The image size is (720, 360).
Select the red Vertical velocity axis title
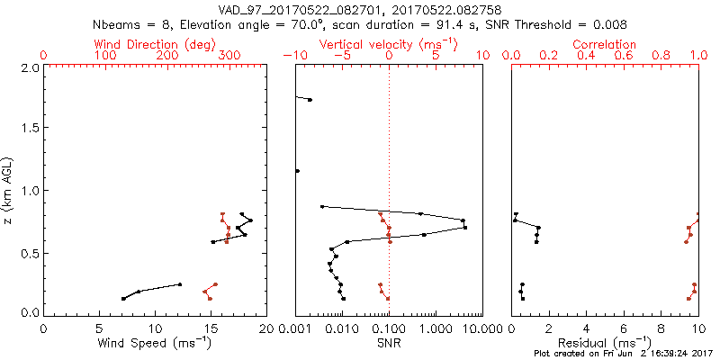point(388,44)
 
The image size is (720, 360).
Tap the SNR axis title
point(389,343)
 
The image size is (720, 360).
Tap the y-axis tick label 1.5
point(30,129)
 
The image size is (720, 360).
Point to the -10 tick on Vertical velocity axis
point(291,56)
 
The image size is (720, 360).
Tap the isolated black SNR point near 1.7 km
point(310,100)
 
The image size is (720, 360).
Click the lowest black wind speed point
point(123,299)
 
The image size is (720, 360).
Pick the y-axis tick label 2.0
point(30,67)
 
